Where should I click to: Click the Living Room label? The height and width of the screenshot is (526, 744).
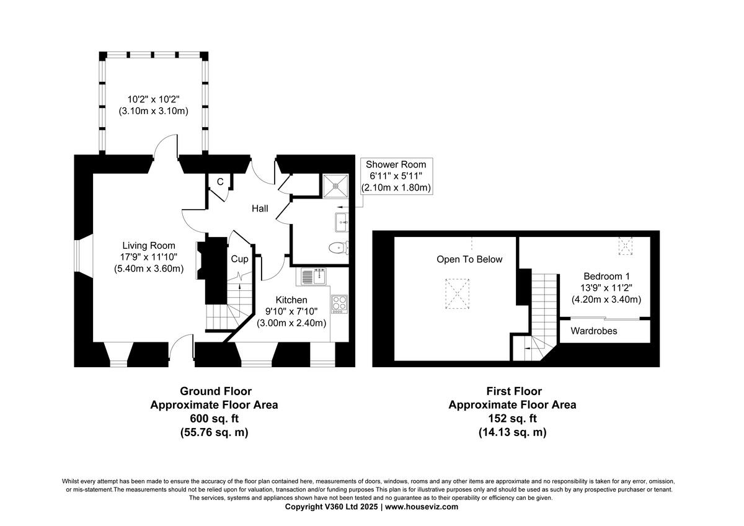(149, 246)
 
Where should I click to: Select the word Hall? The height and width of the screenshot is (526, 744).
(260, 208)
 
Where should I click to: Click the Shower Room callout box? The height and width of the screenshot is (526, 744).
(396, 176)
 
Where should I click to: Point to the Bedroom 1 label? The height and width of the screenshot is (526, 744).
(606, 276)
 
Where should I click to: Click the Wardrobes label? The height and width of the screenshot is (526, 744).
(594, 331)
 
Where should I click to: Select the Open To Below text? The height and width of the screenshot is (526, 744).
(469, 259)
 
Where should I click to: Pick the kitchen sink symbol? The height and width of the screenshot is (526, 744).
(314, 276)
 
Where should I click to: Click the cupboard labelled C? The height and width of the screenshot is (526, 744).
(219, 182)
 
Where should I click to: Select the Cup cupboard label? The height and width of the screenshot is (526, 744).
(239, 259)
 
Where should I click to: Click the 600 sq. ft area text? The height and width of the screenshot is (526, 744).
(214, 419)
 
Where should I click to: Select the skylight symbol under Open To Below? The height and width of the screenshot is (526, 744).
(457, 293)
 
